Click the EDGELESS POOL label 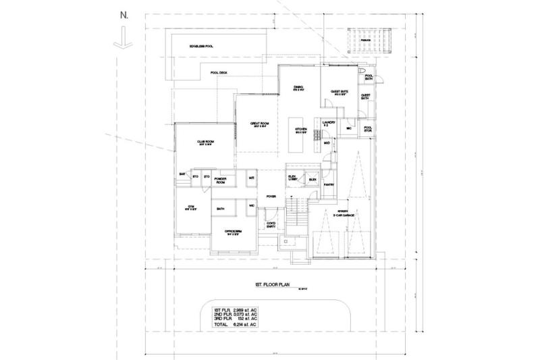coord(202,46)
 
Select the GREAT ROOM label coord(260,124)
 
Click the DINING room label coord(298,88)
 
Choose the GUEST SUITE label coord(339,93)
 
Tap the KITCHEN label coord(301,130)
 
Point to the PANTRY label coord(329,184)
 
